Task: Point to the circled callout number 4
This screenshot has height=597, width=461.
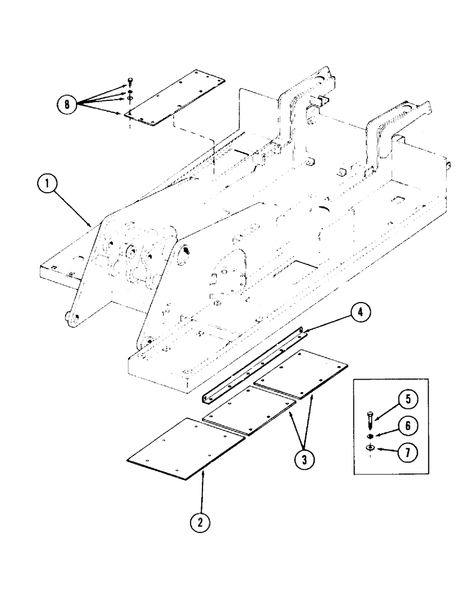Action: coord(362,313)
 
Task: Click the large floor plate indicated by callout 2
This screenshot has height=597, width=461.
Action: coord(186,448)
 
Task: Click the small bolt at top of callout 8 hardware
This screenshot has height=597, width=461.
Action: coord(130,82)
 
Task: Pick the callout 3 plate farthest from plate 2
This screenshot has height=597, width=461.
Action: coord(301,377)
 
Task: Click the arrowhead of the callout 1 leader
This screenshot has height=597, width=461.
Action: coord(91,225)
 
